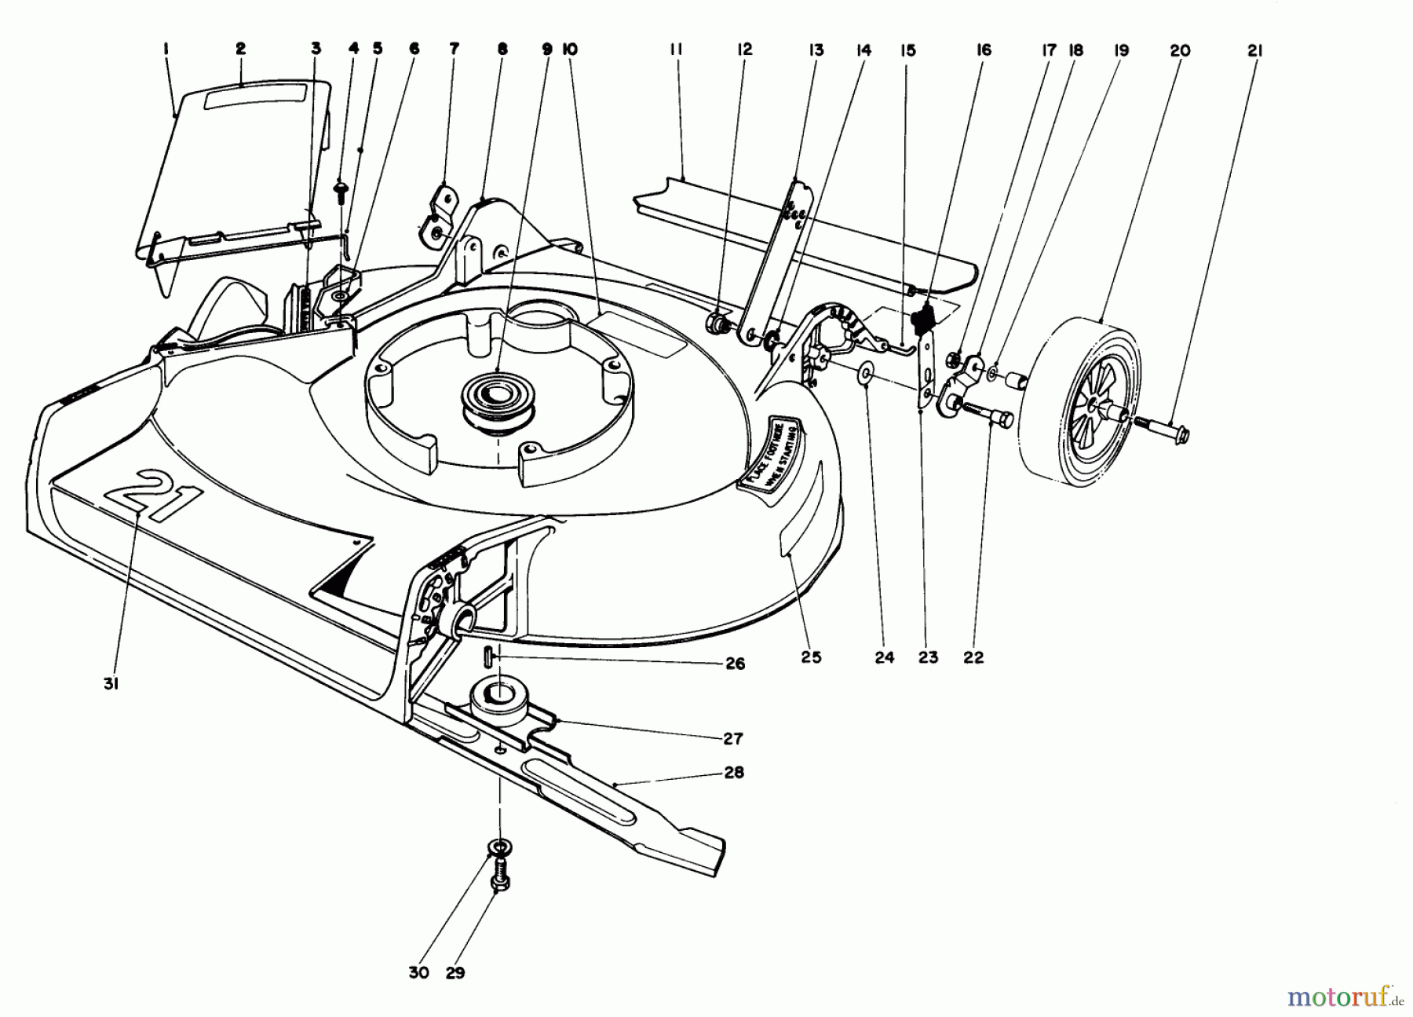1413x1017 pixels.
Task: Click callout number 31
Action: tap(111, 684)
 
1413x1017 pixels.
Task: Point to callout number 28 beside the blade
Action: tap(734, 772)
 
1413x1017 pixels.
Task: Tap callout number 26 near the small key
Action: tap(735, 664)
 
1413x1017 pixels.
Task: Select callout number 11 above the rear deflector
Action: tap(676, 50)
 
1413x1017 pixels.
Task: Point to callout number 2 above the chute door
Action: tap(240, 49)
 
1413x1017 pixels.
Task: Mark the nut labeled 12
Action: tap(717, 323)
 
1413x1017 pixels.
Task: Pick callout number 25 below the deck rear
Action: tap(811, 657)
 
